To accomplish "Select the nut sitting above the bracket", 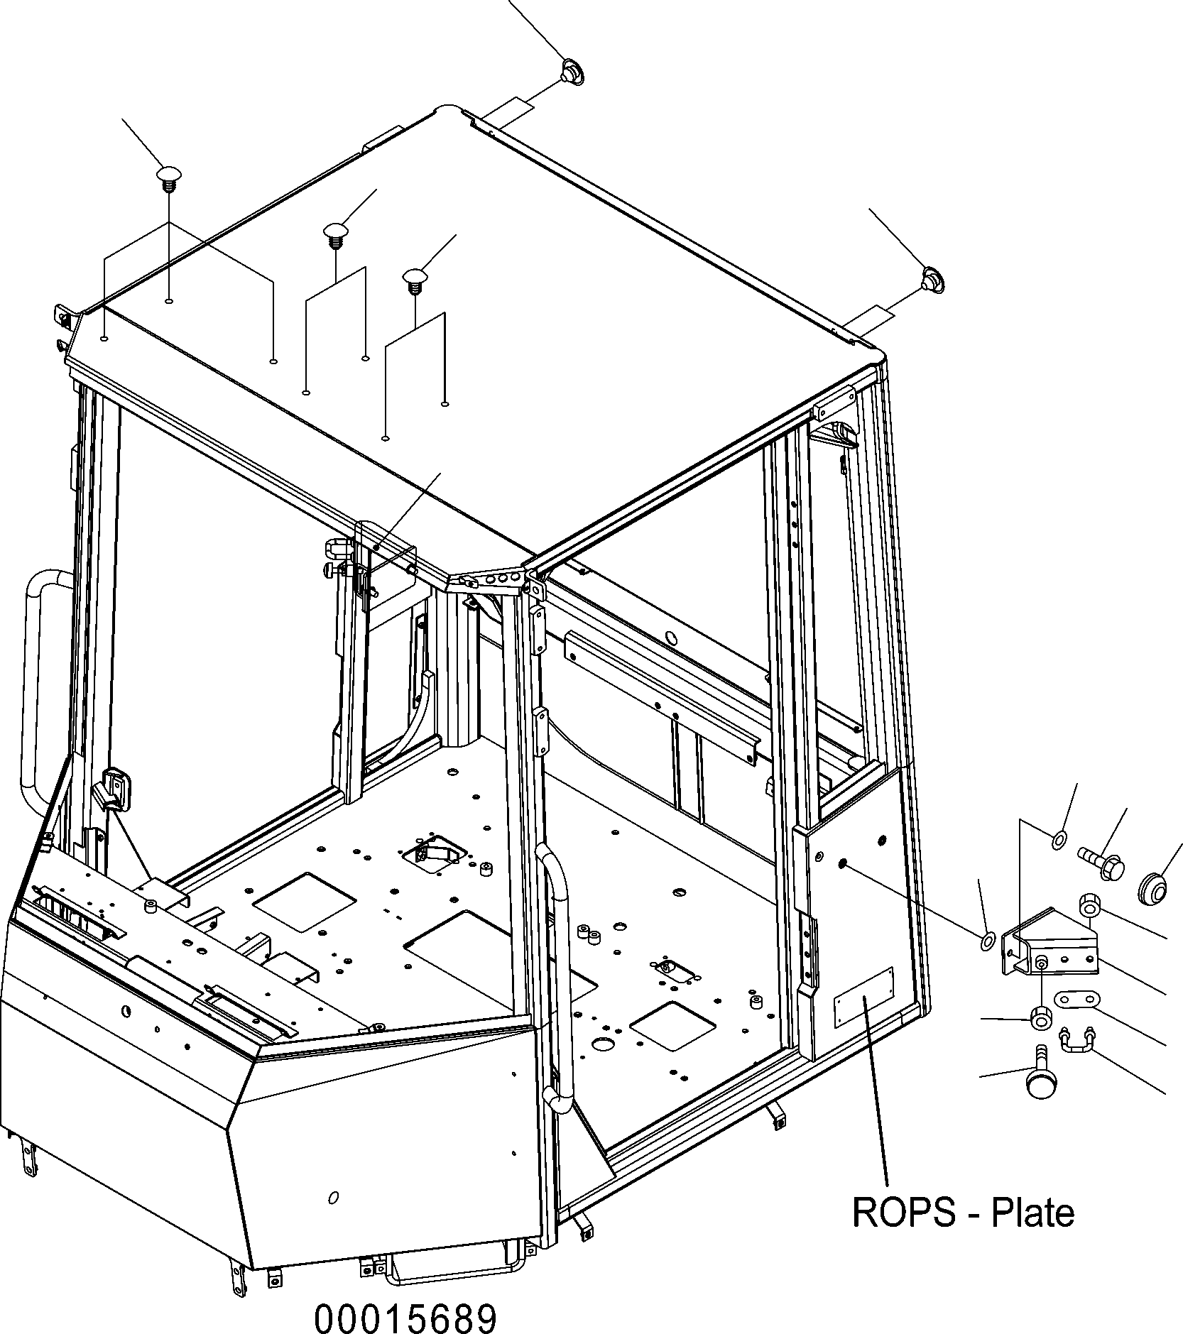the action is pos(1091,905).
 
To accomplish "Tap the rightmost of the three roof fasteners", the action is pos(415,278).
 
